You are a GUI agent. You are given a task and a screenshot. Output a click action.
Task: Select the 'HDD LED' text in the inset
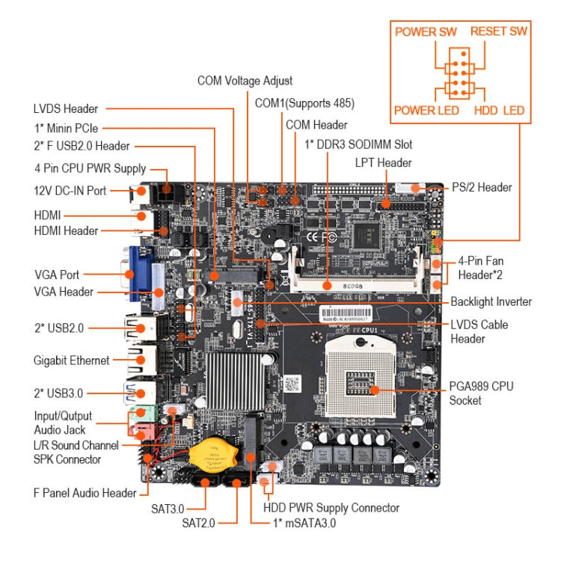[499, 111]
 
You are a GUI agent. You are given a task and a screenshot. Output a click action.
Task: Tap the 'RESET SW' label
[498, 31]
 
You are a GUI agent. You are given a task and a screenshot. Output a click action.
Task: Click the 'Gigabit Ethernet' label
[71, 361]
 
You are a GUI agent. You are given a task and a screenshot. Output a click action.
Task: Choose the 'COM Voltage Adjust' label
[245, 80]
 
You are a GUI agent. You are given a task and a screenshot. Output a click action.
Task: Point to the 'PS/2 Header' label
[482, 187]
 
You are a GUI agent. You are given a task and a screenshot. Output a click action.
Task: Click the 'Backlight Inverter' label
[491, 301]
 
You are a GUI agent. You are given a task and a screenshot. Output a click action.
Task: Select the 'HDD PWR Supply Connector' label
[331, 508]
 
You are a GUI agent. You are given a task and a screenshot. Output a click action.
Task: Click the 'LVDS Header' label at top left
[66, 109]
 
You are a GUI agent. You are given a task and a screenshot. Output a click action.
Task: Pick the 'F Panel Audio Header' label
[85, 493]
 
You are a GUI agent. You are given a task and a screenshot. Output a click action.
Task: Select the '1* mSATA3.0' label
[303, 524]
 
